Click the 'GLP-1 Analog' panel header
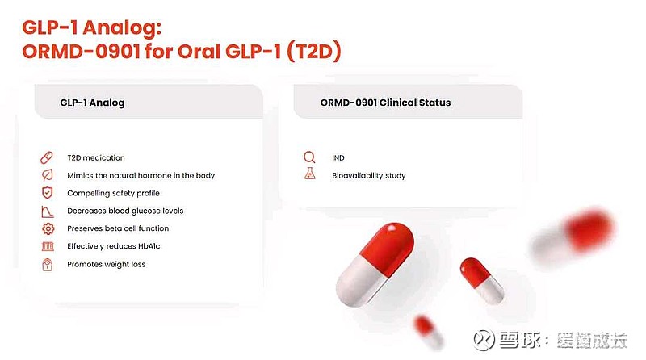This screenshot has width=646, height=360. (92, 103)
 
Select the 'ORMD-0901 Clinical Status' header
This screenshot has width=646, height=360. (384, 103)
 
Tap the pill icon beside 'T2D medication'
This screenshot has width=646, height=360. (47, 157)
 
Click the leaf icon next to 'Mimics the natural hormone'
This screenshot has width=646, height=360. (47, 175)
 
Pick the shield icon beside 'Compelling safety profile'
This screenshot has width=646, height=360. (47, 193)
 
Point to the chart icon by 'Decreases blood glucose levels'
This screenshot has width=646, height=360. (47, 211)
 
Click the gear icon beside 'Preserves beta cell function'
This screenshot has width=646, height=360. (47, 228)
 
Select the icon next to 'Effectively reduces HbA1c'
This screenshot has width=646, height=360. (47, 246)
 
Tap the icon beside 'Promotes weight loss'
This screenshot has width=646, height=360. (47, 264)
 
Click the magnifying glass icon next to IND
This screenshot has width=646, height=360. (309, 157)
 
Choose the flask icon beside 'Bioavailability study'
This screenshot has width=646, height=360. (309, 175)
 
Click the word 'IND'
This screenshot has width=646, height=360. (338, 158)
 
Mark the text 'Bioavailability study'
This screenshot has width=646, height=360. (368, 176)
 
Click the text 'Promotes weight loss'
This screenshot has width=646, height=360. (106, 265)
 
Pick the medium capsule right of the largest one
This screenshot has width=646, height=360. (482, 280)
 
